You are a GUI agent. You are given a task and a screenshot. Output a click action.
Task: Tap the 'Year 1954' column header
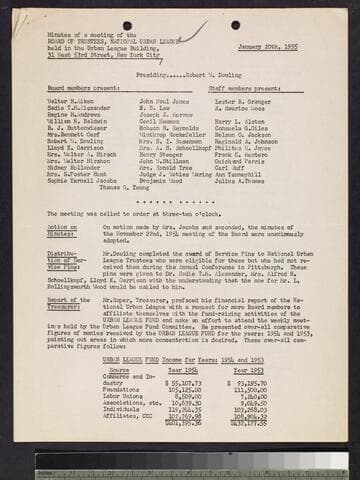(x=181, y=369)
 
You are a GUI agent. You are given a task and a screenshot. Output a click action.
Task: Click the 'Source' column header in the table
(x=119, y=369)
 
